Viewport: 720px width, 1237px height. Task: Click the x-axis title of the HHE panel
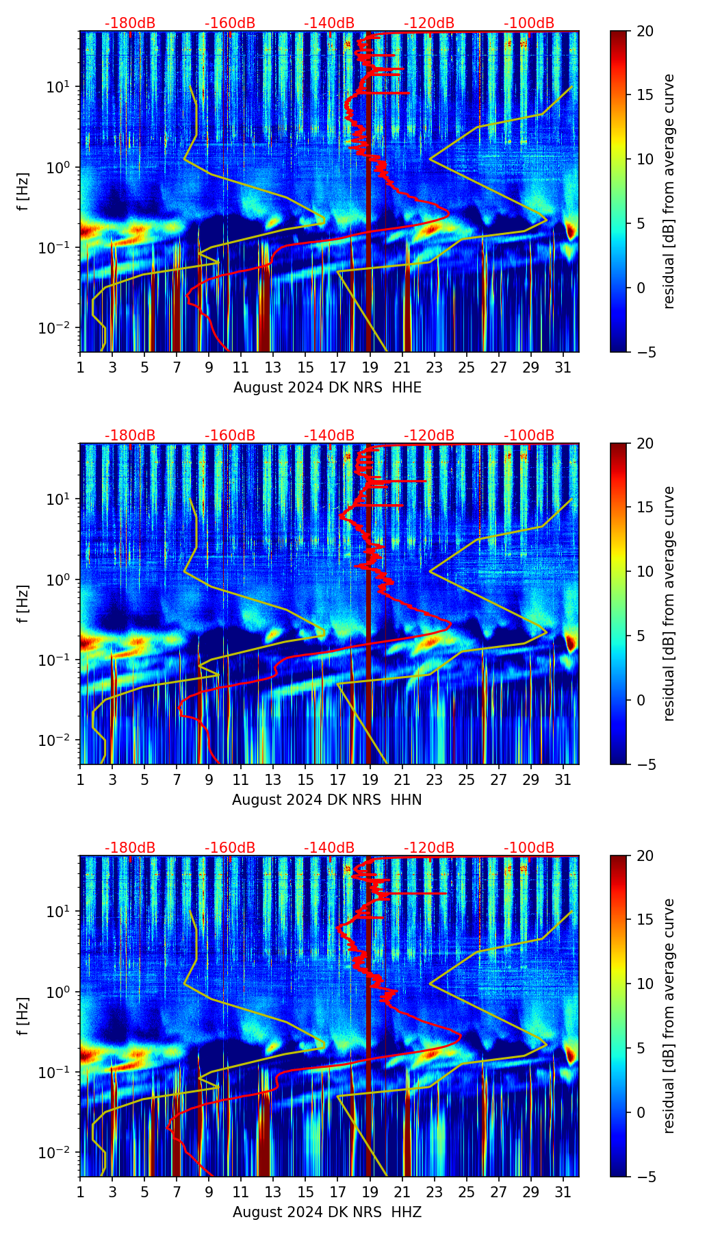point(327,388)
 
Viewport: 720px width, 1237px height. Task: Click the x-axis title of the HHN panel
point(326,800)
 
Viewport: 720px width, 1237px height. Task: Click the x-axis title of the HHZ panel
point(326,1212)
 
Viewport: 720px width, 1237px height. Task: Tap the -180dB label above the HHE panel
point(130,23)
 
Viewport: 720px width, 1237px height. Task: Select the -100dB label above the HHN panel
point(529,436)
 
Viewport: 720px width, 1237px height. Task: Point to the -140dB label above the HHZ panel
point(329,848)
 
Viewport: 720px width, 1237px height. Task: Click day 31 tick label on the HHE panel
point(563,368)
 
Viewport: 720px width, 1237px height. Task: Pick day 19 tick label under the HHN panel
point(370,780)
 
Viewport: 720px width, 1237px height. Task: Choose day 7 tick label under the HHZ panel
point(177,1192)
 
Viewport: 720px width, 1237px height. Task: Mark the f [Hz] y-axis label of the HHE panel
point(23,192)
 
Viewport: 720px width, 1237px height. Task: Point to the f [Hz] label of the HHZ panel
point(23,1016)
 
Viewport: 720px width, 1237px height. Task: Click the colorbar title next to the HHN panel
point(669,603)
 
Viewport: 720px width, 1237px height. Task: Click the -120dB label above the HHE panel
point(429,23)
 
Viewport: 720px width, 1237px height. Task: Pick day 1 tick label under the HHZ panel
point(80,1192)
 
